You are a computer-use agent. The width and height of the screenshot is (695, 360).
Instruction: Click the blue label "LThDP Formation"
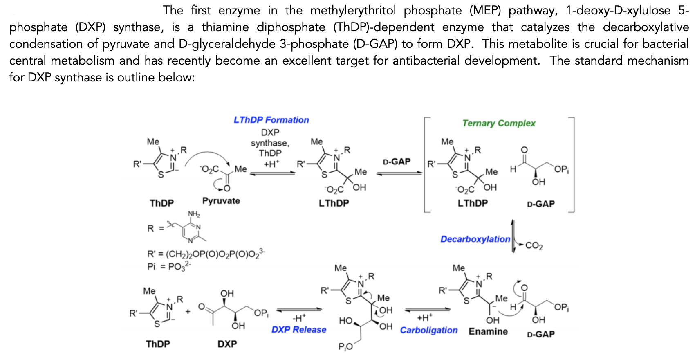(x=271, y=120)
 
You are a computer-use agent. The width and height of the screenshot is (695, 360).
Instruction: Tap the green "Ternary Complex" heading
(x=499, y=123)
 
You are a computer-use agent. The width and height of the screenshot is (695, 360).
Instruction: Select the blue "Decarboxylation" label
(x=475, y=239)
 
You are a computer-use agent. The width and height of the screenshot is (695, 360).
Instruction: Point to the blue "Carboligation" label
(x=428, y=330)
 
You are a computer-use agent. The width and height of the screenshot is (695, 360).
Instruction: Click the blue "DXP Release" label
(x=299, y=330)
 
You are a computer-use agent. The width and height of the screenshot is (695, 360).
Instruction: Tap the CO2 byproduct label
(x=534, y=246)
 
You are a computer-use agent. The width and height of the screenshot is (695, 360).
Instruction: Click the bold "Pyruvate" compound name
(x=221, y=201)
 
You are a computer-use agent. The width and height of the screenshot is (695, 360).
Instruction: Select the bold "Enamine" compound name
(x=488, y=331)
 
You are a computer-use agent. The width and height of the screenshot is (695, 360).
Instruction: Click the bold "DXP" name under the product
(x=227, y=344)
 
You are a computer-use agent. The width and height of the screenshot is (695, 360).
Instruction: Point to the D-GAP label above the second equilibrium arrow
(x=397, y=161)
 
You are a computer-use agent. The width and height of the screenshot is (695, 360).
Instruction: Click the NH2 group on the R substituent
(x=194, y=214)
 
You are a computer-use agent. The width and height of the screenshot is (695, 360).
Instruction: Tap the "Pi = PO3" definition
(x=169, y=266)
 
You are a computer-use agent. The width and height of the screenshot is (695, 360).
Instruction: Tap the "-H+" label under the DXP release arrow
(x=299, y=318)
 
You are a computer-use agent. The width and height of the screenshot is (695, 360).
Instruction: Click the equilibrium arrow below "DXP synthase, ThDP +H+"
(x=272, y=173)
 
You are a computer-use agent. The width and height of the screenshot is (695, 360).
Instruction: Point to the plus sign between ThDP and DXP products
(x=188, y=311)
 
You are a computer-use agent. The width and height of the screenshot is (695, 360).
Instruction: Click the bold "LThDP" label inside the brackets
(x=473, y=203)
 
